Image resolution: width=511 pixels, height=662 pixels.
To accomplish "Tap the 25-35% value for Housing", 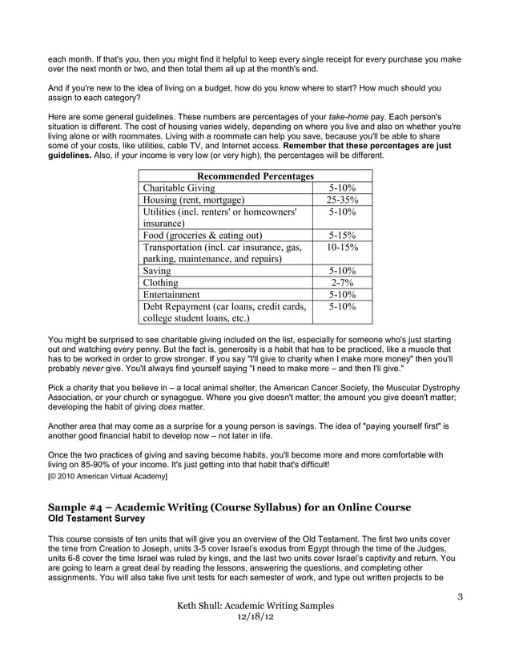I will point(343,200).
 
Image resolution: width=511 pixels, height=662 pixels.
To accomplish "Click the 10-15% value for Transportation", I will point(343,248).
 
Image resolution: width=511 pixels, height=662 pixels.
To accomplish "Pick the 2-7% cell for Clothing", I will point(343,283).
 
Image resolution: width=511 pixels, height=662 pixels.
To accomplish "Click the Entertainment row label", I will point(171,295).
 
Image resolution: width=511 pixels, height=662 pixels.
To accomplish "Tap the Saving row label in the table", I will point(157,272).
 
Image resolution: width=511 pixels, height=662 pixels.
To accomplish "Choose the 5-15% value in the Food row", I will point(343,236).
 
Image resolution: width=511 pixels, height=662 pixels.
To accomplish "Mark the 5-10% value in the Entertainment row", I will point(343,295).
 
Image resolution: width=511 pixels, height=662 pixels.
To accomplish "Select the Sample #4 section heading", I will point(230,507).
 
